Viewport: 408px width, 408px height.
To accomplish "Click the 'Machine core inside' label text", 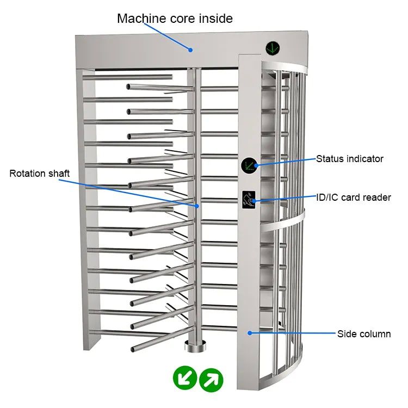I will pos(175,18).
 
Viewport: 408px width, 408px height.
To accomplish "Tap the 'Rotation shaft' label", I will pos(40,174).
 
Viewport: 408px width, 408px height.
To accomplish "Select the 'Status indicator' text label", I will pos(350,159).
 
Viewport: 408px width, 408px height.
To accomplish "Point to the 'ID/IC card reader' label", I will pos(354,197).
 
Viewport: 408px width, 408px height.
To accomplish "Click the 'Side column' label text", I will pos(364,334).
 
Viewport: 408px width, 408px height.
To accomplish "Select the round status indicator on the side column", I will pos(250,165).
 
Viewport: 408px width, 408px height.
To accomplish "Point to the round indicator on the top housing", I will pos(273,48).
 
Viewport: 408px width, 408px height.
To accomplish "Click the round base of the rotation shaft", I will pos(194,345).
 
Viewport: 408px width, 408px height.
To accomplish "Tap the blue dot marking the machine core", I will pos(191,50).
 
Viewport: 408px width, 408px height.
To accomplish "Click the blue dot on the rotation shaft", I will pos(197,206).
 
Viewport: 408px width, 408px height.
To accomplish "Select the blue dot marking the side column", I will pos(249,332).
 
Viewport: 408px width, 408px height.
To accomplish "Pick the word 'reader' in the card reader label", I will pos(378,197).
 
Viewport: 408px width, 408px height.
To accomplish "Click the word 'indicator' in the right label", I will pos(365,159).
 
